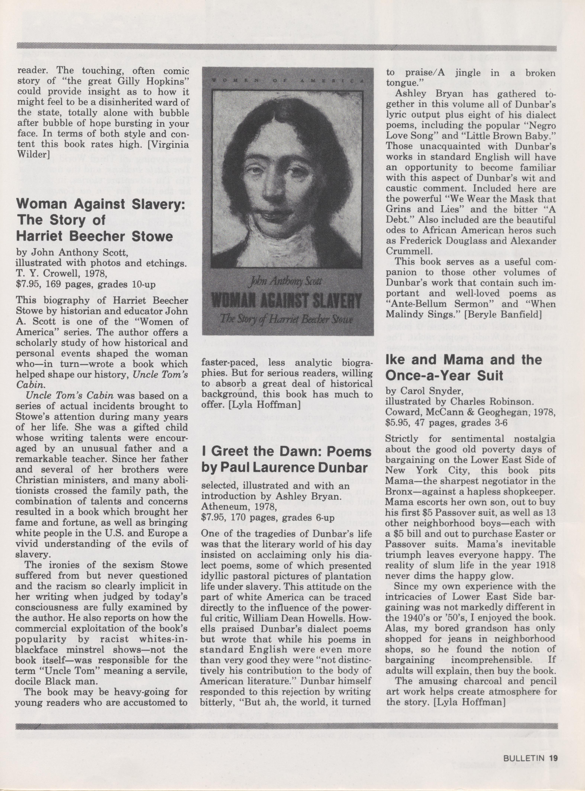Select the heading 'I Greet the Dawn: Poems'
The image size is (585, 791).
(x=286, y=452)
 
